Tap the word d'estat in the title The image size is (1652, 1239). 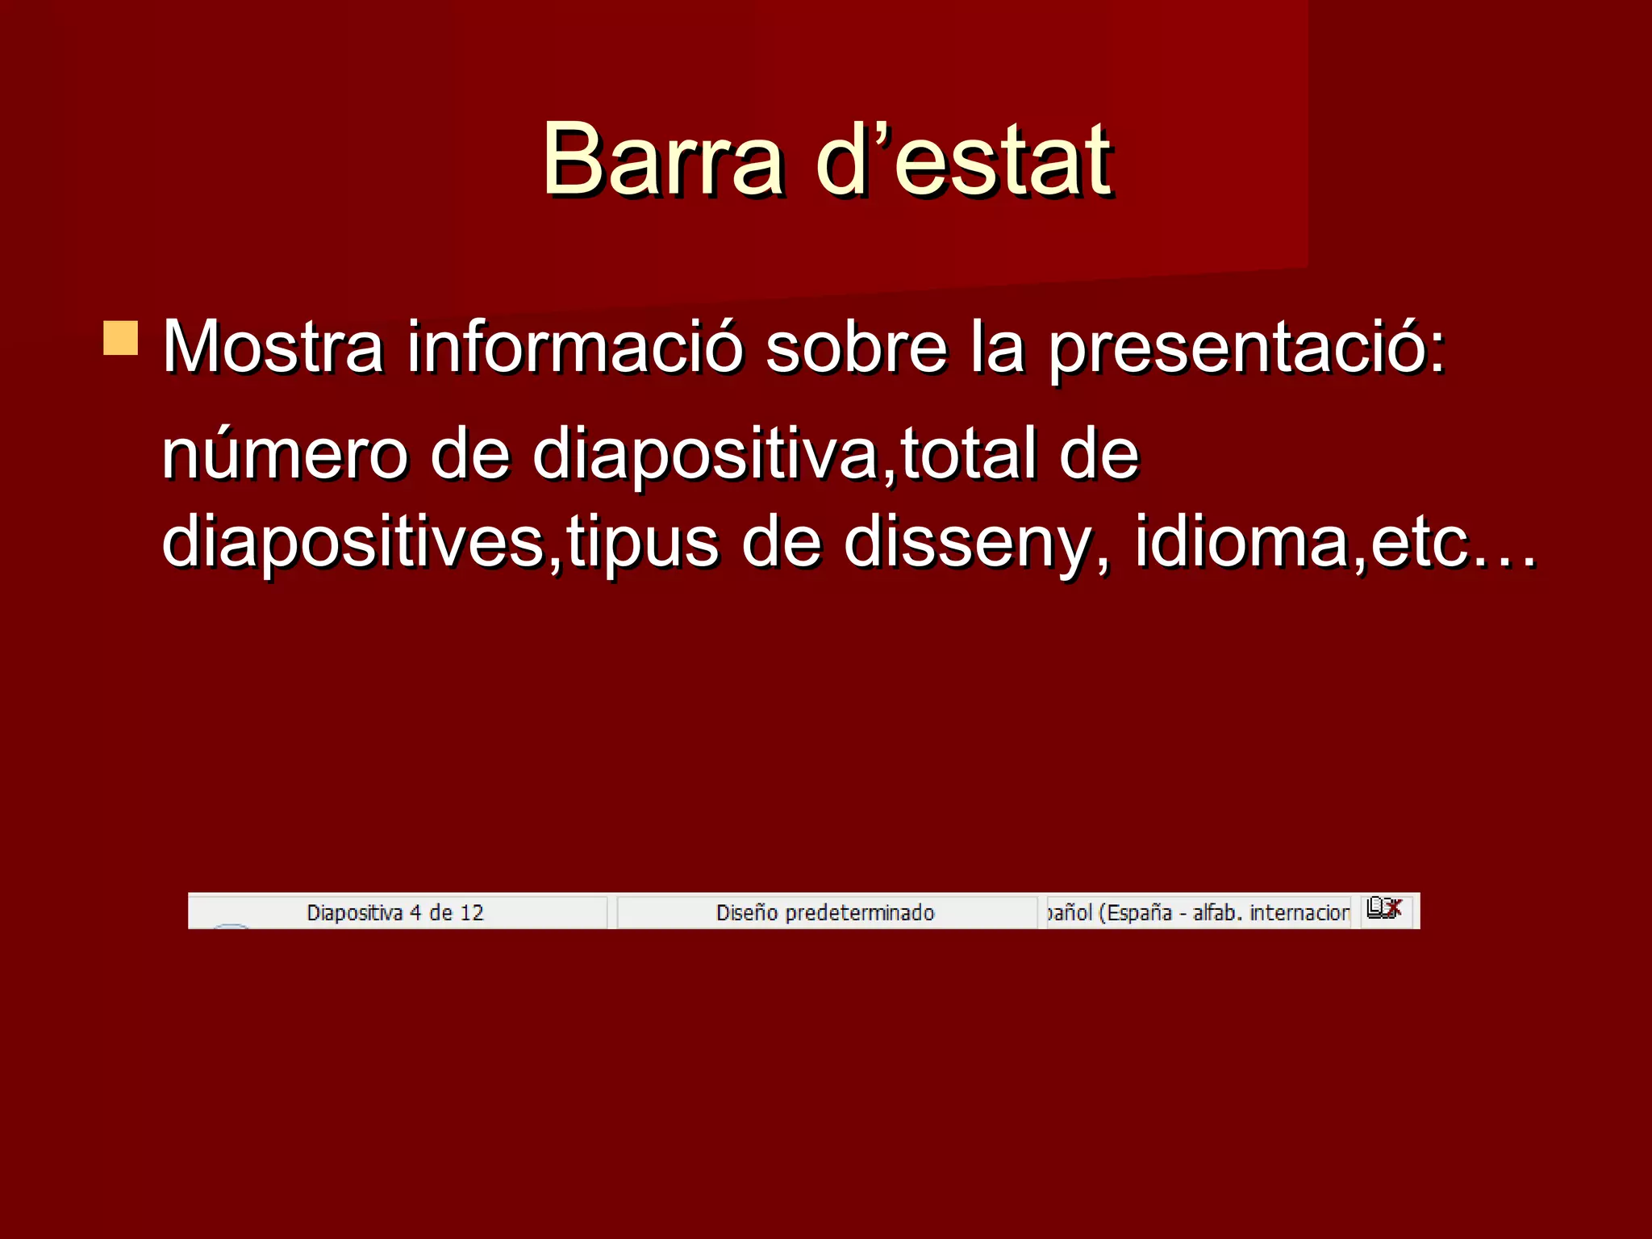click(x=964, y=159)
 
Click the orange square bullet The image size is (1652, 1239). click(x=121, y=338)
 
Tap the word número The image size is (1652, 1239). click(x=286, y=454)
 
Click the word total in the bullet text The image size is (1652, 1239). click(x=967, y=454)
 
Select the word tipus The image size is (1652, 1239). click(x=642, y=542)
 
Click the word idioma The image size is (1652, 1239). click(x=1242, y=542)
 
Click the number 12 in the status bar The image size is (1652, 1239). click(x=472, y=913)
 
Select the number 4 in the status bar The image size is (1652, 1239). click(x=415, y=913)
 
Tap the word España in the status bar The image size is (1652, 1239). click(x=1139, y=913)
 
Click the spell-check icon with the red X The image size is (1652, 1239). click(x=1385, y=909)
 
